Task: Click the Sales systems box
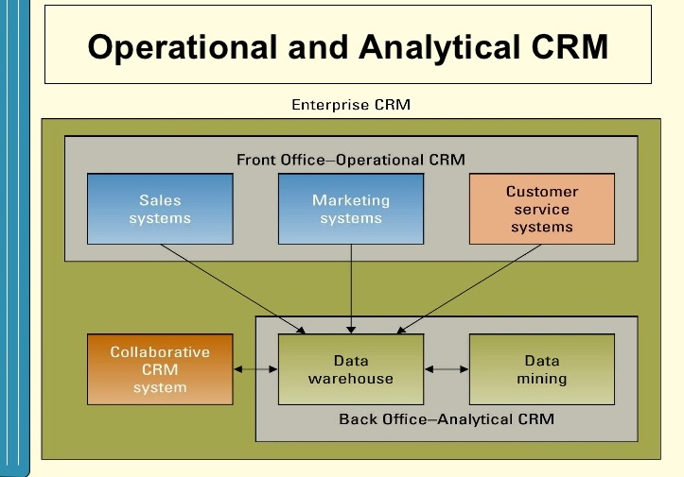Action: point(159,209)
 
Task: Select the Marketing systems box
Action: point(351,209)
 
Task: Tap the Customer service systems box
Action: point(542,209)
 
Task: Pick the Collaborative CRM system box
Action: point(160,369)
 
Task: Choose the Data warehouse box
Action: point(351,369)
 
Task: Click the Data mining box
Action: point(542,369)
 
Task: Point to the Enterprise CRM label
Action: point(351,104)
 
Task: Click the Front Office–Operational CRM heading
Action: point(351,159)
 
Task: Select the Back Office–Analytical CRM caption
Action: point(447,418)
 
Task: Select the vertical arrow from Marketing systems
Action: point(351,288)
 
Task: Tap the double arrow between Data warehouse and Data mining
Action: point(447,369)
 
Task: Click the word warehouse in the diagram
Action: point(351,379)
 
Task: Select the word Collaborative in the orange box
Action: point(160,351)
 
